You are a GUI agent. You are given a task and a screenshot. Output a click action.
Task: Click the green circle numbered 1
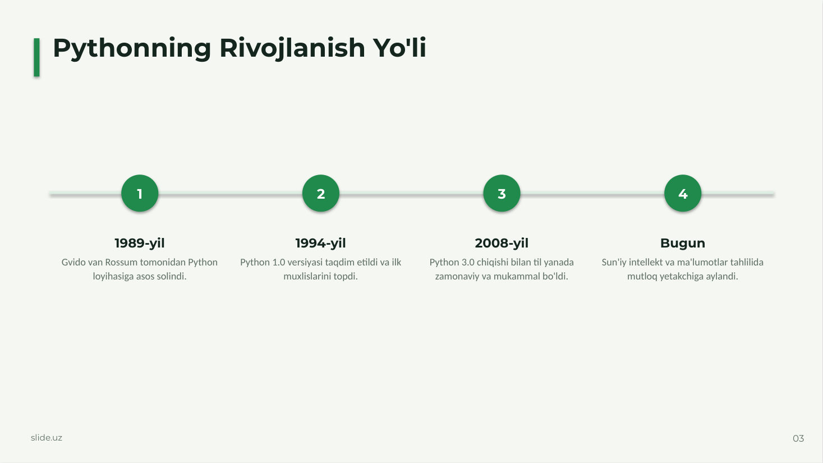(140, 193)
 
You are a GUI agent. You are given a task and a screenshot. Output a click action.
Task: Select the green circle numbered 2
(321, 193)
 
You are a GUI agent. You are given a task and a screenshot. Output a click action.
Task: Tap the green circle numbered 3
(502, 193)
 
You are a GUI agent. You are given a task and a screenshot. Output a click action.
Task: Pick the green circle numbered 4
(683, 193)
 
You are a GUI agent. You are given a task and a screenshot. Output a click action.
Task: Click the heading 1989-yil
(140, 243)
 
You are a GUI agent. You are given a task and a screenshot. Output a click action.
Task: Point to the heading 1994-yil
(321, 243)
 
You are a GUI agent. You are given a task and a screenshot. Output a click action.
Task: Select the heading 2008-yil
(502, 243)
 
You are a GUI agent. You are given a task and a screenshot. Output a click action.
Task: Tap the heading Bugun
(683, 243)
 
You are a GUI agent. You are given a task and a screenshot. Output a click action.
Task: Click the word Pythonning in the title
(132, 48)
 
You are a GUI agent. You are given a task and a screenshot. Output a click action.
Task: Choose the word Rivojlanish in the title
(292, 48)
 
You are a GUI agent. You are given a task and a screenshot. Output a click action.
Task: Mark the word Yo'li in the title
(399, 48)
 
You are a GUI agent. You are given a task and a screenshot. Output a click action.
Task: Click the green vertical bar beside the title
(36, 57)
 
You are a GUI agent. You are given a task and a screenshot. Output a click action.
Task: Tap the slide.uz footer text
(47, 438)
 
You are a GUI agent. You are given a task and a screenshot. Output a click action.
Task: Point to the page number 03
(798, 438)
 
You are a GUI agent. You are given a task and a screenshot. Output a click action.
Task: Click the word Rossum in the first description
(121, 263)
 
